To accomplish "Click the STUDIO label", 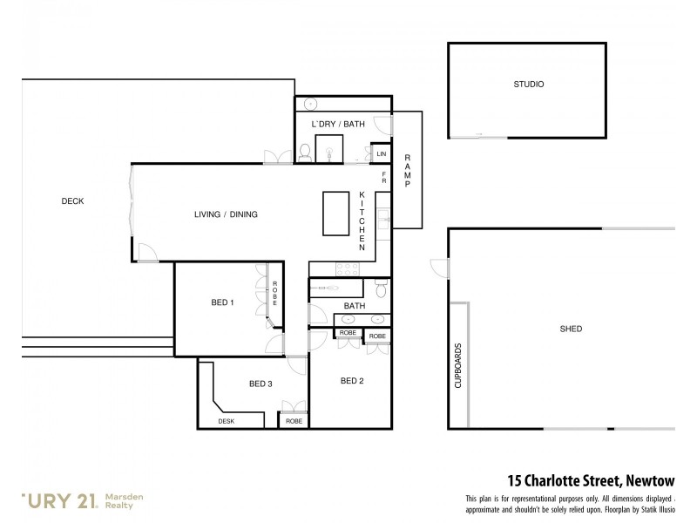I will point(528,85).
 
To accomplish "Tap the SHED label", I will point(571,329).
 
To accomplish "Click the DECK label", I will point(72,201).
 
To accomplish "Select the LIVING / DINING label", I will point(226,214).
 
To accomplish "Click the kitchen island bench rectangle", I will point(335,214).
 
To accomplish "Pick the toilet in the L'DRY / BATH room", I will point(304,153).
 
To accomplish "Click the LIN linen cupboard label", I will point(381,154).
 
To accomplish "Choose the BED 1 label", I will point(222,302).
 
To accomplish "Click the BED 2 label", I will point(351,380).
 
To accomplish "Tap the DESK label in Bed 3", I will point(226,421).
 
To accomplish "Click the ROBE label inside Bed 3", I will point(294,421).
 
